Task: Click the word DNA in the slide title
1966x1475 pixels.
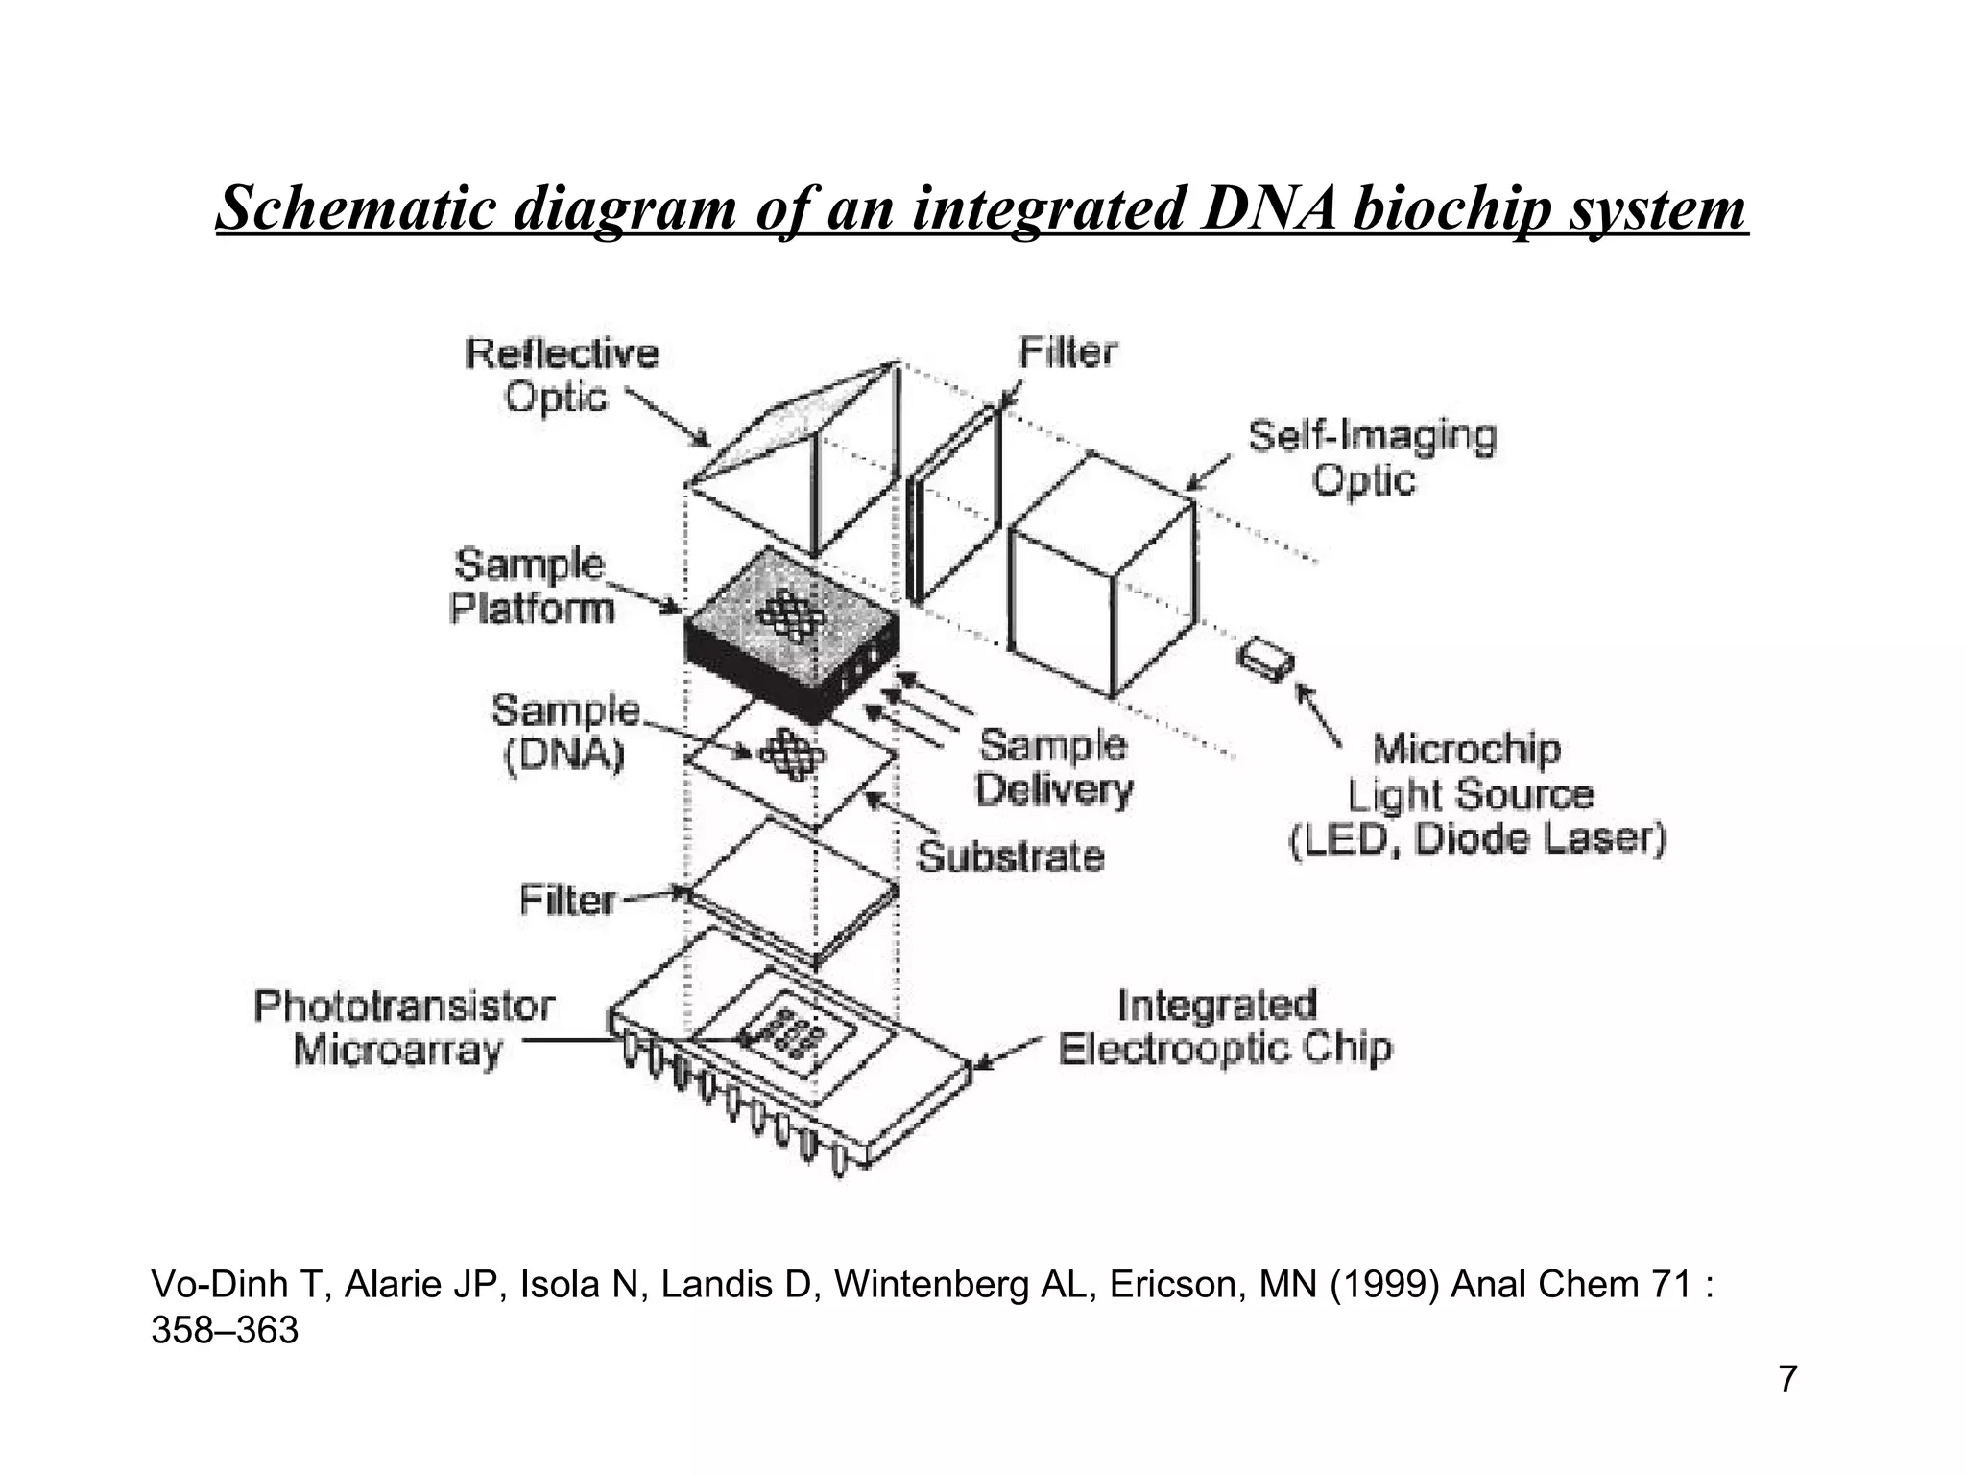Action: point(1269,208)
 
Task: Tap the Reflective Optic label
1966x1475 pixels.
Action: point(561,375)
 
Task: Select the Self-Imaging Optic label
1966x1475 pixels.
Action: point(1371,458)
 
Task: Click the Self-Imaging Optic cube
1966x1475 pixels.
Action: point(1104,576)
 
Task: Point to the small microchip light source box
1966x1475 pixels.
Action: point(1265,660)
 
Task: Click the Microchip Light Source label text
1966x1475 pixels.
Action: point(1474,794)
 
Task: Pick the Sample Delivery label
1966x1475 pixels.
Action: point(1054,767)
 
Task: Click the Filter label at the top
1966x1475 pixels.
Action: point(1067,352)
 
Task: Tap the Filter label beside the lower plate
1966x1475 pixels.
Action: point(566,901)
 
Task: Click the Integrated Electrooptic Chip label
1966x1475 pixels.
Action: point(1223,1027)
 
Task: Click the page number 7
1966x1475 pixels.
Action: point(1787,1380)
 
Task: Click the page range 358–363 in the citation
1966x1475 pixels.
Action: point(225,1331)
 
